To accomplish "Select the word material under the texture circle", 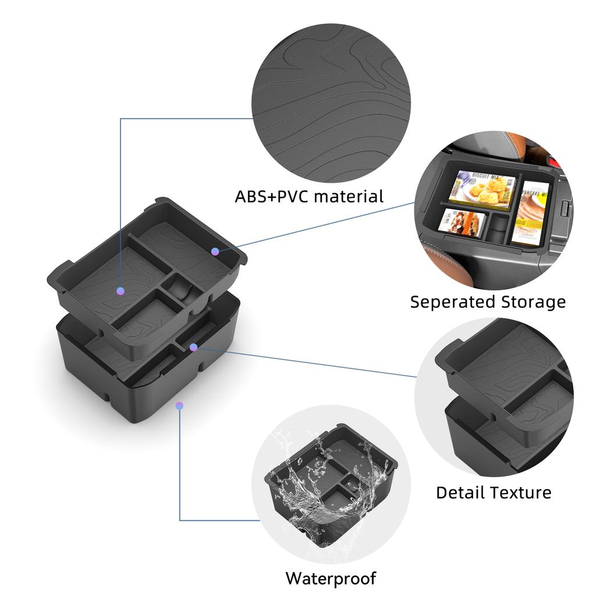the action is click(349, 197).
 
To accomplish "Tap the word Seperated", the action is click(453, 303).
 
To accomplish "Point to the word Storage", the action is click(533, 303).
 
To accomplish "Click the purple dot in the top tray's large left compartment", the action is click(120, 291).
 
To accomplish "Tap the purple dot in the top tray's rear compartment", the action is click(215, 251).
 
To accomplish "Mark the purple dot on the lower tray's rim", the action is click(193, 347).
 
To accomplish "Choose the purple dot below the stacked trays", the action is click(179, 406).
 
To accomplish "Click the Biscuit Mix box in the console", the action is click(482, 190).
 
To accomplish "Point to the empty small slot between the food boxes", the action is click(498, 228).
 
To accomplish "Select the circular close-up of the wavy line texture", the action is click(331, 103).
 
